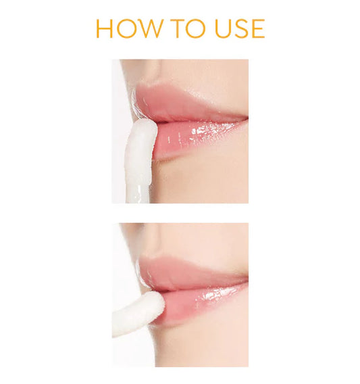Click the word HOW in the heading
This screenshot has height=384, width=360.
tap(129, 28)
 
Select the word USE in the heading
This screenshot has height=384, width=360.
tap(240, 28)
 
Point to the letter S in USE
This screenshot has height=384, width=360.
tap(242, 28)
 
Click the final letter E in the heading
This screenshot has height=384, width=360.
tap(259, 28)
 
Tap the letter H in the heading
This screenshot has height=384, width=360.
tap(104, 28)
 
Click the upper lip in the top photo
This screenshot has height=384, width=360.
tap(188, 103)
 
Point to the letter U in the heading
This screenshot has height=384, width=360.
tap(223, 28)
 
